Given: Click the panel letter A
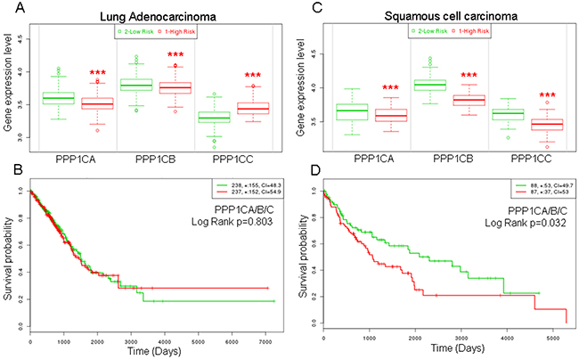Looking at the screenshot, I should click(x=10, y=10).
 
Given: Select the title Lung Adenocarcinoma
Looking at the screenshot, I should click(x=144, y=12).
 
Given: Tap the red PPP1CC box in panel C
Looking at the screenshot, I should click(x=528, y=125).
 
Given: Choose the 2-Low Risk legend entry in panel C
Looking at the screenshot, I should click(x=424, y=32).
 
